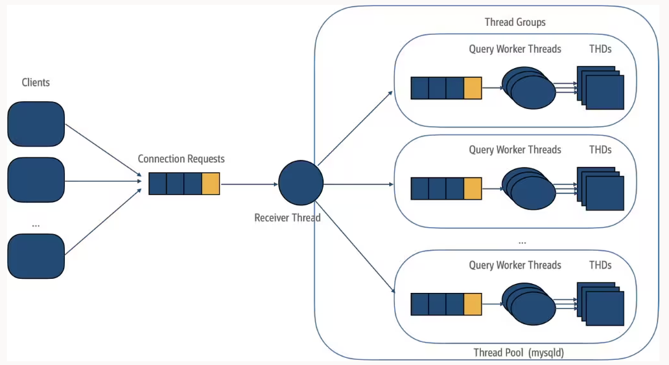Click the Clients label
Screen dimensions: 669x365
[x=36, y=82]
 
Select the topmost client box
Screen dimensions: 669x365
[x=36, y=124]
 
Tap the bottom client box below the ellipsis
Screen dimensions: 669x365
[x=36, y=256]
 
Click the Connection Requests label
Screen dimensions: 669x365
[x=181, y=159]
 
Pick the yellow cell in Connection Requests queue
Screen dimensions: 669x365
[x=211, y=184]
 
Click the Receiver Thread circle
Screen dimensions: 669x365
[x=301, y=183]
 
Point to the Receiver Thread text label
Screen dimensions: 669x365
[x=287, y=218]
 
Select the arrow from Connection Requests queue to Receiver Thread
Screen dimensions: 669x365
[x=249, y=184]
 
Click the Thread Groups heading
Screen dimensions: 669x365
[x=515, y=22]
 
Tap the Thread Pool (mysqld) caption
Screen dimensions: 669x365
[x=519, y=353]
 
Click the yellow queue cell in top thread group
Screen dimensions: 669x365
[x=473, y=88]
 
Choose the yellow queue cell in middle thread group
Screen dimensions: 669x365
[x=473, y=188]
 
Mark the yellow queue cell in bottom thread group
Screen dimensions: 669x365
[x=473, y=304]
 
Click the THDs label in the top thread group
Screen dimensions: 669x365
[x=600, y=49]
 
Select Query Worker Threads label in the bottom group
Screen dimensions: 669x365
[x=515, y=265]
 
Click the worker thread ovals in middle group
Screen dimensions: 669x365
[x=528, y=188]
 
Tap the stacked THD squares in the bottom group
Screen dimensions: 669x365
[x=600, y=304]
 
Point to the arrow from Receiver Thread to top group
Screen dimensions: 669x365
[x=355, y=129]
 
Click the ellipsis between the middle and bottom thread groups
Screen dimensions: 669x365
[x=522, y=243]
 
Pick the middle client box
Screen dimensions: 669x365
[x=36, y=180]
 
